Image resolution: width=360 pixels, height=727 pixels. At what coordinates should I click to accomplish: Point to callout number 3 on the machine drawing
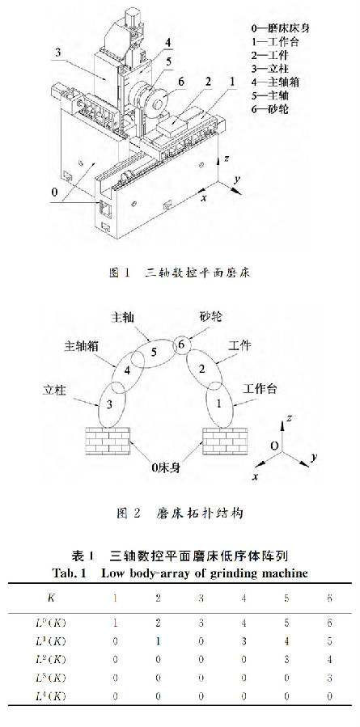pyautogui.click(x=57, y=53)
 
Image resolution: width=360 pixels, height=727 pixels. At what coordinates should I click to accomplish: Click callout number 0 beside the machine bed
pyautogui.click(x=55, y=191)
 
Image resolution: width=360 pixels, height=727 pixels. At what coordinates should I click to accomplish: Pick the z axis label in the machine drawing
pyautogui.click(x=227, y=159)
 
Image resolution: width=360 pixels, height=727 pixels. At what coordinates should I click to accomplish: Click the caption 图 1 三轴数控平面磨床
pyautogui.click(x=180, y=273)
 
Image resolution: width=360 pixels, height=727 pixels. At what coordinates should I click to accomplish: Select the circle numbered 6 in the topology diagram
pyautogui.click(x=182, y=344)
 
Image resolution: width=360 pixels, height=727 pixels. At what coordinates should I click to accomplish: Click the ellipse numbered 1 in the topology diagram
pyautogui.click(x=219, y=404)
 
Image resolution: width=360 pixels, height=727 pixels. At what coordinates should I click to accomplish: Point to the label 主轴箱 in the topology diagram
pyautogui.click(x=80, y=346)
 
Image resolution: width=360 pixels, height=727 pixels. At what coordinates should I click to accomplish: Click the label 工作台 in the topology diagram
pyautogui.click(x=260, y=388)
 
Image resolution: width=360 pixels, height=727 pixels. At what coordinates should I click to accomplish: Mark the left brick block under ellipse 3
pyautogui.click(x=108, y=441)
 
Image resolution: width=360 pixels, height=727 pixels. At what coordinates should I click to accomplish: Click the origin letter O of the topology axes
pyautogui.click(x=274, y=446)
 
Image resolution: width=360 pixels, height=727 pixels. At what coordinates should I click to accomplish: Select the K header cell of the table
pyautogui.click(x=52, y=598)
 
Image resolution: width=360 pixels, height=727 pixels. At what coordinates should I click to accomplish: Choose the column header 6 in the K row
pyautogui.click(x=329, y=598)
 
